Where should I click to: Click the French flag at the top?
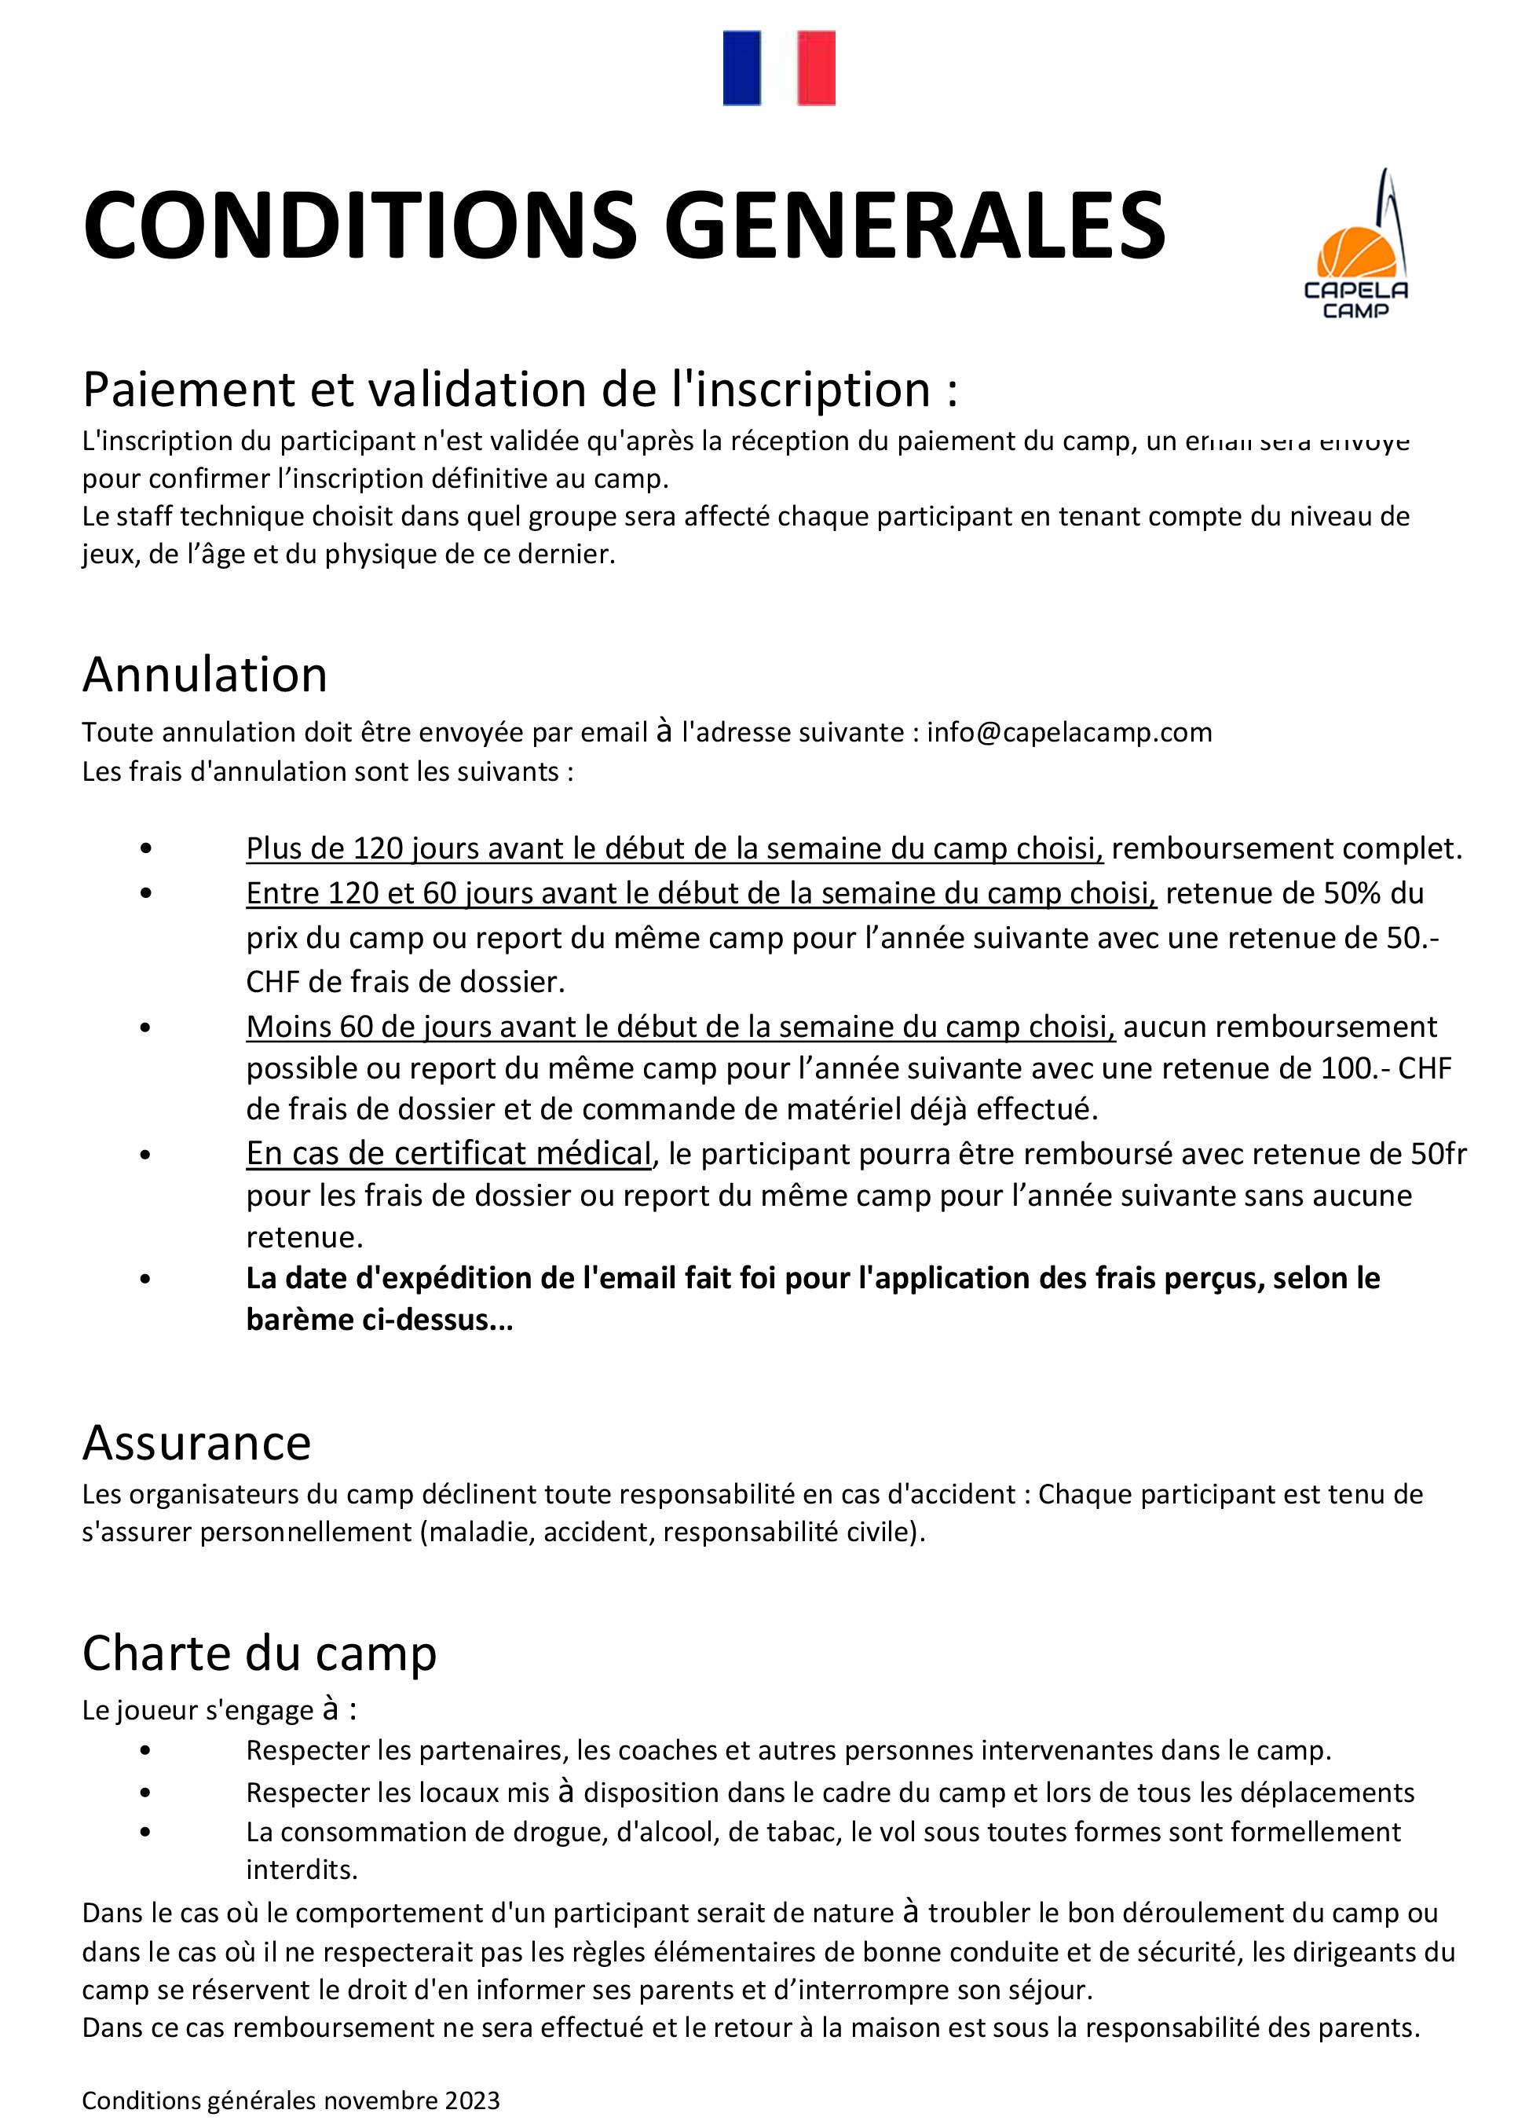(x=778, y=68)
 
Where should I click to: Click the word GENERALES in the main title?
(x=914, y=225)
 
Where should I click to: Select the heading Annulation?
(x=205, y=674)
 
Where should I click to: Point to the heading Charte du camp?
(x=259, y=1653)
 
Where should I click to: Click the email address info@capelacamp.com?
(x=1070, y=732)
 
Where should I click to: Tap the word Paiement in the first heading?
(x=188, y=389)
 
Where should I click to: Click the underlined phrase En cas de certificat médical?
(x=448, y=1154)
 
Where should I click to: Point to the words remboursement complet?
(x=1286, y=848)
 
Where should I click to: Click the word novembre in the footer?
(x=385, y=2101)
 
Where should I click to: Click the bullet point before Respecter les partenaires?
(x=144, y=1750)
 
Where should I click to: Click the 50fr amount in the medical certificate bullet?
(x=1439, y=1154)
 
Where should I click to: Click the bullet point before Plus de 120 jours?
(x=144, y=848)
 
